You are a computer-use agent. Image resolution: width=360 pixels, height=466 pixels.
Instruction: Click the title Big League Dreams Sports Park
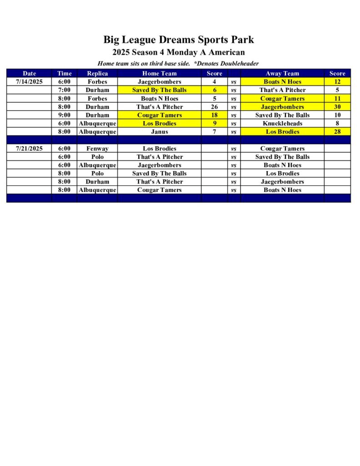[178, 40]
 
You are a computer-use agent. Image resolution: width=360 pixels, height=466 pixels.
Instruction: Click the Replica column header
[97, 73]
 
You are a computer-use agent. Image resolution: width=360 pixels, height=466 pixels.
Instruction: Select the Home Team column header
[159, 73]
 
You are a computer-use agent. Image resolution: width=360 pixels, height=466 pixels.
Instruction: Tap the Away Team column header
[282, 73]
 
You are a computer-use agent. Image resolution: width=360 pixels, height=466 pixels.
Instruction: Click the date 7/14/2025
[29, 82]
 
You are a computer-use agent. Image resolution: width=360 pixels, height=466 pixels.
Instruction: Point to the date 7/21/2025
[29, 148]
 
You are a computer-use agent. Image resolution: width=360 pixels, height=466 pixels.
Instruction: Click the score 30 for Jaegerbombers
[337, 107]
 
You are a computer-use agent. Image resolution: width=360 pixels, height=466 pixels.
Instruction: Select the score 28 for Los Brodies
[337, 132]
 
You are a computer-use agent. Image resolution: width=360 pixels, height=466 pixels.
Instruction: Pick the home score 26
[214, 107]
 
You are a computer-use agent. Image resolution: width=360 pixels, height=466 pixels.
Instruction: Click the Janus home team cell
[159, 132]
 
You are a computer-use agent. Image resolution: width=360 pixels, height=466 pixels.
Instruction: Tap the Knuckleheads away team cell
[282, 123]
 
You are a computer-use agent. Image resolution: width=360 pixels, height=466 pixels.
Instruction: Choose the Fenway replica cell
[97, 148]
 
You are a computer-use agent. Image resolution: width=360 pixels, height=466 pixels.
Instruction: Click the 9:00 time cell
[64, 115]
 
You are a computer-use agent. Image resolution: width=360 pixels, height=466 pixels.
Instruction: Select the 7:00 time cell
[64, 90]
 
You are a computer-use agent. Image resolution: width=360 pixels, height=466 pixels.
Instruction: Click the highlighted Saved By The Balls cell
[159, 90]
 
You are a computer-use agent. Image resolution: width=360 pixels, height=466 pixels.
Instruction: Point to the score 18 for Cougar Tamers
[214, 115]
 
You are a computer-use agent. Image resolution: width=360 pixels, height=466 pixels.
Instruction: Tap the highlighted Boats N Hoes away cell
[282, 82]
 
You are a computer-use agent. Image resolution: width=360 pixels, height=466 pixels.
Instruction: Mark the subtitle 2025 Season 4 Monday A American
[178, 52]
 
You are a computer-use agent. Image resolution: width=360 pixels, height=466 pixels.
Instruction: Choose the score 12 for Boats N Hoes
[337, 82]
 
